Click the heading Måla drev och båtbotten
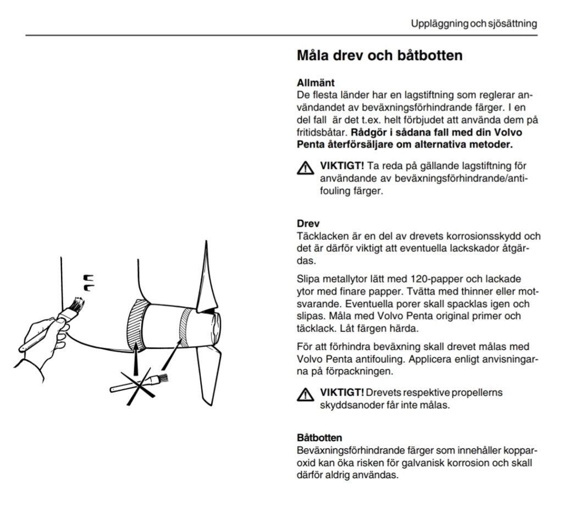click(x=379, y=56)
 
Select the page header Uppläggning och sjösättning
click(x=473, y=24)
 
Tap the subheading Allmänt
click(x=315, y=84)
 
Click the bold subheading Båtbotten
click(x=319, y=438)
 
